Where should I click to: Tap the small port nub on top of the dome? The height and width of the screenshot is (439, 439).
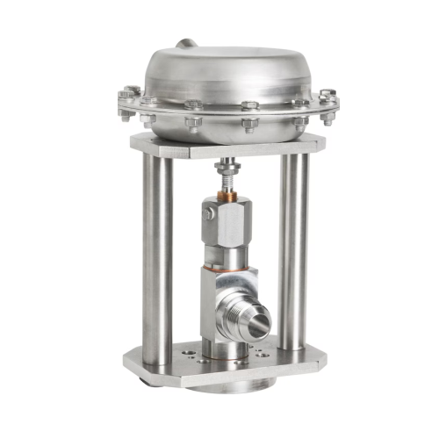tap(184, 43)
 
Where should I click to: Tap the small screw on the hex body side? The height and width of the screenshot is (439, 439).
tap(207, 212)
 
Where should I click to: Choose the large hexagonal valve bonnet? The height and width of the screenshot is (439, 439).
tap(230, 224)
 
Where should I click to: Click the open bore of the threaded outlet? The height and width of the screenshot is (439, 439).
tap(256, 327)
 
